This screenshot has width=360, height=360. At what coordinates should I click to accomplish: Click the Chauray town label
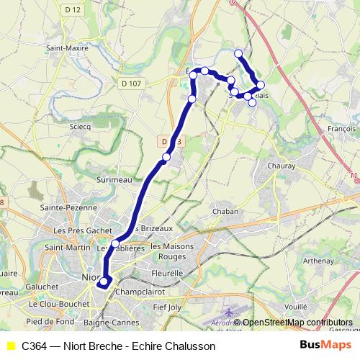pos(282,166)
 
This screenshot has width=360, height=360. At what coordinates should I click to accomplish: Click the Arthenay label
pos(319,261)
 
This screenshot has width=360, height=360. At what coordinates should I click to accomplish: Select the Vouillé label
pos(295,306)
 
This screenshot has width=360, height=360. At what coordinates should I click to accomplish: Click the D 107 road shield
pos(130,84)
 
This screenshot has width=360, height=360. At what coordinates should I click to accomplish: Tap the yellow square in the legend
pos(10,346)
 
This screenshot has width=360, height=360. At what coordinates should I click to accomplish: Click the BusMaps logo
pos(325,345)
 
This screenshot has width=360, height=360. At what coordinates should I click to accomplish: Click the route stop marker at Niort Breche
pos(104,282)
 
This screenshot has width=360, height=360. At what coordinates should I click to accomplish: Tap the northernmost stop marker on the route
pos(238,53)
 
